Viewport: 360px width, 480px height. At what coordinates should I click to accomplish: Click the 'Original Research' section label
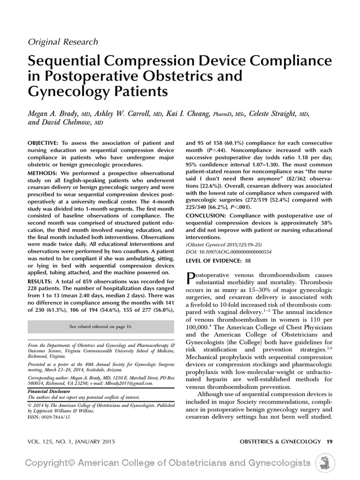[63, 42]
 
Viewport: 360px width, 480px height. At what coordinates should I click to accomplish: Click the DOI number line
[229, 252]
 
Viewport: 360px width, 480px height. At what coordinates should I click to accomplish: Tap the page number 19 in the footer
[330, 442]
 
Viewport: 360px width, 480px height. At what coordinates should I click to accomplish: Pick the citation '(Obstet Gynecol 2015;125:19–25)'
[224, 245]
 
